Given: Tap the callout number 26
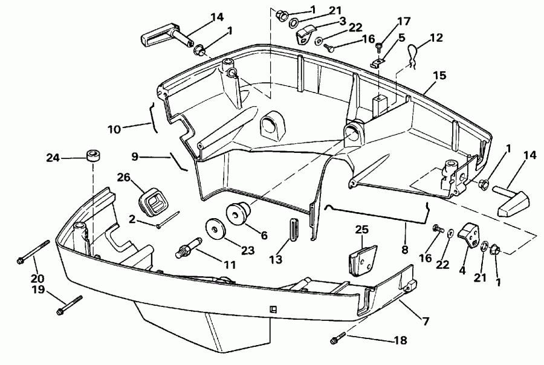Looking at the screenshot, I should pos(123,178).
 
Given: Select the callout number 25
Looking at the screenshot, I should pos(362,230).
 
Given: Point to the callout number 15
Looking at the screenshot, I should pos(439,76).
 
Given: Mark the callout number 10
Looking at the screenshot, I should pos(114,128).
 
